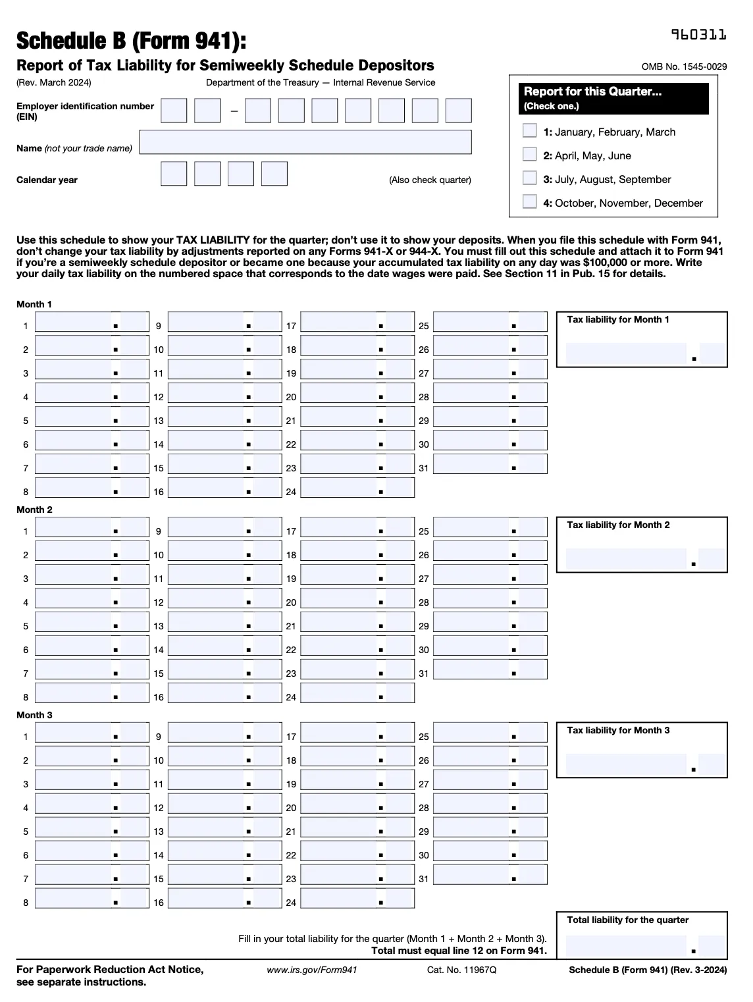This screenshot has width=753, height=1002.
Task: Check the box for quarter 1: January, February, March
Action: coord(529,130)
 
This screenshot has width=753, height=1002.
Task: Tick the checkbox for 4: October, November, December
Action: coord(529,201)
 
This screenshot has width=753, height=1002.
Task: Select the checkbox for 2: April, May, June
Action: coord(529,154)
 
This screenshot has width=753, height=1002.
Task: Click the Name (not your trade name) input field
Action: coord(305,142)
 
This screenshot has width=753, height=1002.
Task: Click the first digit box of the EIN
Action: coord(174,111)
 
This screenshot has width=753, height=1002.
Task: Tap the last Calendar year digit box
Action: coord(274,174)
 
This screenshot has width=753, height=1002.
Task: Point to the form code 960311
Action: coord(698,35)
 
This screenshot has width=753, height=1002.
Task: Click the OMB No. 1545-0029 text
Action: coord(684,66)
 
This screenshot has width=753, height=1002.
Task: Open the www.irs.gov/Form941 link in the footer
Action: coord(311,970)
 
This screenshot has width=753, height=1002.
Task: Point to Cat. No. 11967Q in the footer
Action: coord(461,970)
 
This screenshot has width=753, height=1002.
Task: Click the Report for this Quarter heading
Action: coord(592,92)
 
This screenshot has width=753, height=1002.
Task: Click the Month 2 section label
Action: coord(34,510)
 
